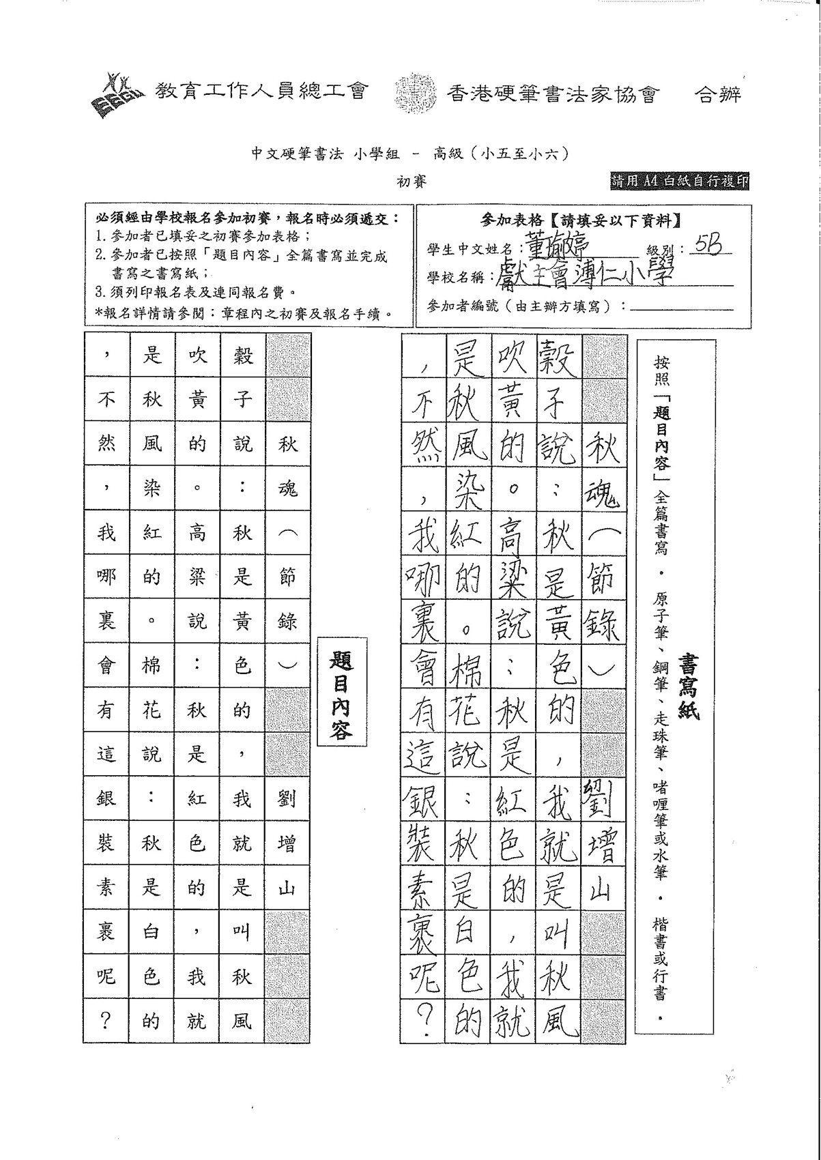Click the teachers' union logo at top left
click(117, 93)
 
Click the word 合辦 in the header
click(717, 94)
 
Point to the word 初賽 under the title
click(412, 183)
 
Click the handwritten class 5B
click(706, 245)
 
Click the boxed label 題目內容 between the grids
click(339, 694)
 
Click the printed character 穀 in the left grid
click(242, 356)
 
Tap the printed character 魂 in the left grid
click(287, 489)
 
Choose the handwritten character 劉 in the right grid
click(603, 799)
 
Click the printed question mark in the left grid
click(106, 1021)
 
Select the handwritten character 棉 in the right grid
click(468, 667)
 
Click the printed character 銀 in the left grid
click(106, 799)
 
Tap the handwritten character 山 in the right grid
click(603, 888)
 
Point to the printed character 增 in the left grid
click(287, 843)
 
